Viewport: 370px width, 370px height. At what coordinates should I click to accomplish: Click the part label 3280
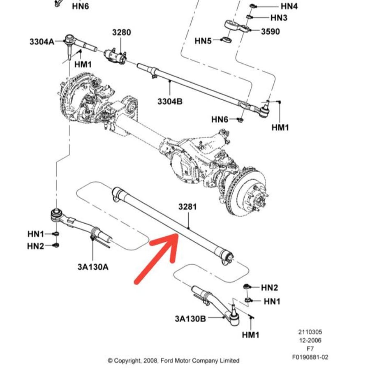coord(121,32)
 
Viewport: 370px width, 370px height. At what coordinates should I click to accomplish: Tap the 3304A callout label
coord(42,42)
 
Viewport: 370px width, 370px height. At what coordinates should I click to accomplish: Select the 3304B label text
coord(170,102)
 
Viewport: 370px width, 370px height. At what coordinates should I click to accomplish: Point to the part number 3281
coord(187,207)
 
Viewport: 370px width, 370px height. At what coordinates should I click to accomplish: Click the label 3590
coord(271,31)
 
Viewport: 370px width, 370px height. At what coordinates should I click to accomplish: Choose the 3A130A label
coord(93,267)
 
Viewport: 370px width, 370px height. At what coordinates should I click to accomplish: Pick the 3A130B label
coord(190,319)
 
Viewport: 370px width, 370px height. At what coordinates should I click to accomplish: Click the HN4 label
coord(289,6)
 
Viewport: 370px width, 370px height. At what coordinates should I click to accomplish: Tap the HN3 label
coord(279,17)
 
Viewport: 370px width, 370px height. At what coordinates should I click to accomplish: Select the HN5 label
coord(203,41)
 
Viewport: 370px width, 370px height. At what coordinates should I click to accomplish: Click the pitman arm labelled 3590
coord(237,26)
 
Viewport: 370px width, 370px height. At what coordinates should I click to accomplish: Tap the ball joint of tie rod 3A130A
coord(57,215)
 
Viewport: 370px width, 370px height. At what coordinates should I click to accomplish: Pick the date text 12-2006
coord(310,340)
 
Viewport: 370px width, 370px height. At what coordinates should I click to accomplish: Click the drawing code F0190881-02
coord(310,357)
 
